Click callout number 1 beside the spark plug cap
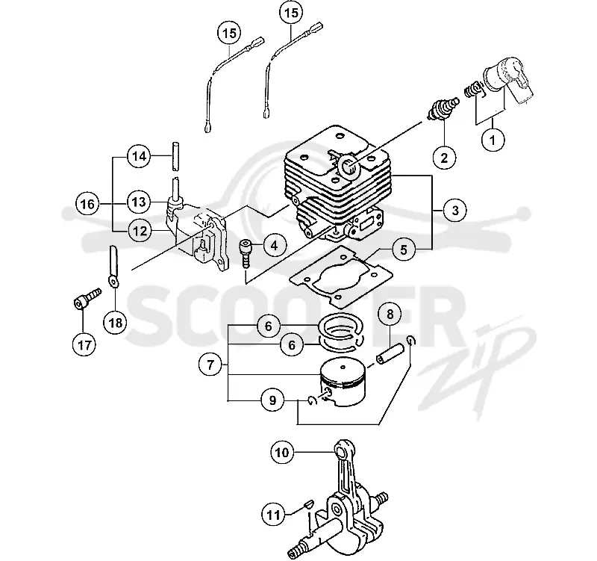pyautogui.click(x=493, y=140)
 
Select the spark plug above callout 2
pyautogui.click(x=443, y=108)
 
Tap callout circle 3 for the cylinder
pyautogui.click(x=454, y=210)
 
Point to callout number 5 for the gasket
pyautogui.click(x=404, y=249)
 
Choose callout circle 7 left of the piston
pyautogui.click(x=210, y=365)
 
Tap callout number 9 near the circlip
pyautogui.click(x=272, y=400)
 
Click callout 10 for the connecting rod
pyautogui.click(x=282, y=453)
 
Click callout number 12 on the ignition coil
pyautogui.click(x=140, y=231)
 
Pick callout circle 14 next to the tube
pyautogui.click(x=139, y=156)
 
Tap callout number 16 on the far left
pyautogui.click(x=87, y=204)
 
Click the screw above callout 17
pyautogui.click(x=87, y=298)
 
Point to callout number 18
pyautogui.click(x=116, y=323)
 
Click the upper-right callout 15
pyautogui.click(x=291, y=13)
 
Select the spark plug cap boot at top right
pyautogui.click(x=508, y=80)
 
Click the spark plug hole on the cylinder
pyautogui.click(x=348, y=167)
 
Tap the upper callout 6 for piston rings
pyautogui.click(x=269, y=326)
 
